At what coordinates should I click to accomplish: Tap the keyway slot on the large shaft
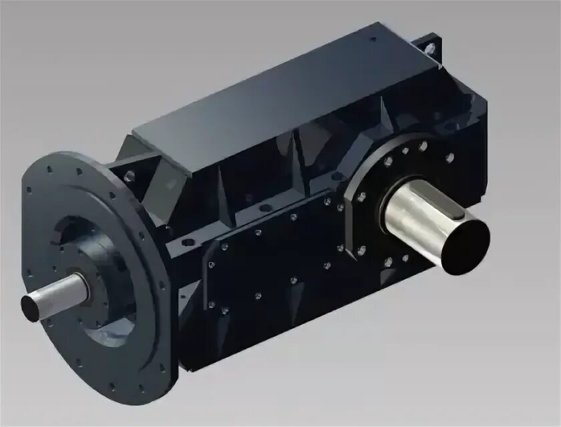453,211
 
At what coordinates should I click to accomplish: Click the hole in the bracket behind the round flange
127,176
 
